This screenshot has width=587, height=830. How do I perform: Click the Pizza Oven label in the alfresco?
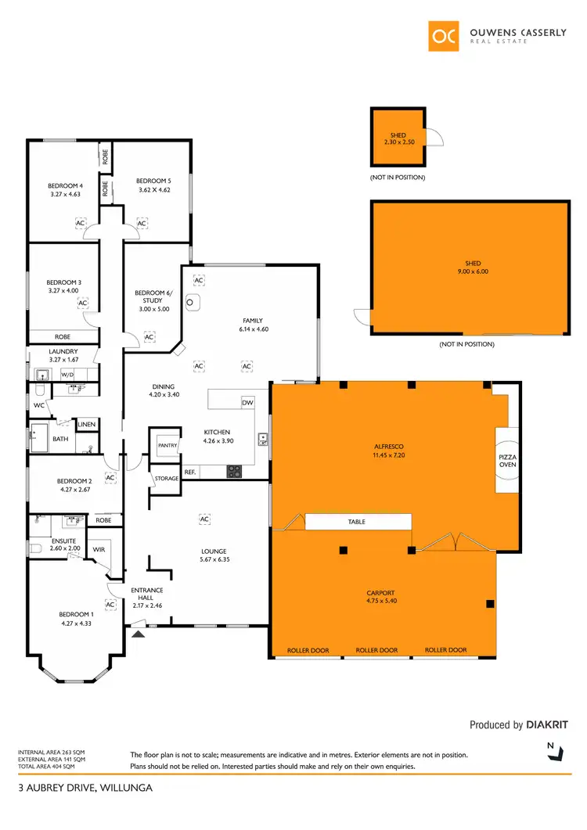click(x=507, y=460)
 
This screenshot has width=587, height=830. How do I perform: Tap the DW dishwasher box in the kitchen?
click(x=247, y=402)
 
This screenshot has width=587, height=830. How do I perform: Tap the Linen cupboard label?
click(x=86, y=424)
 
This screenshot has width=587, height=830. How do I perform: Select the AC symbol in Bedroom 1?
click(x=110, y=605)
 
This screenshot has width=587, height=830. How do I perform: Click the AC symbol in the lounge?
click(x=204, y=519)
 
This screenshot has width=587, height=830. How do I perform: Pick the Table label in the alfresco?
click(x=356, y=522)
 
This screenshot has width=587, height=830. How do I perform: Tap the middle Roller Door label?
click(x=377, y=650)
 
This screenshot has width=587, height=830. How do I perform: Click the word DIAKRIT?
click(x=547, y=725)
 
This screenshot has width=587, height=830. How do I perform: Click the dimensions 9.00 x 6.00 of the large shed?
click(x=471, y=271)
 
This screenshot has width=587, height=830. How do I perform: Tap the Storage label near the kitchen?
click(x=167, y=478)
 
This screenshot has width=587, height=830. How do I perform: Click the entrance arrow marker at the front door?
click(x=139, y=634)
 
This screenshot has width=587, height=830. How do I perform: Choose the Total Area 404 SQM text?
click(x=51, y=766)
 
